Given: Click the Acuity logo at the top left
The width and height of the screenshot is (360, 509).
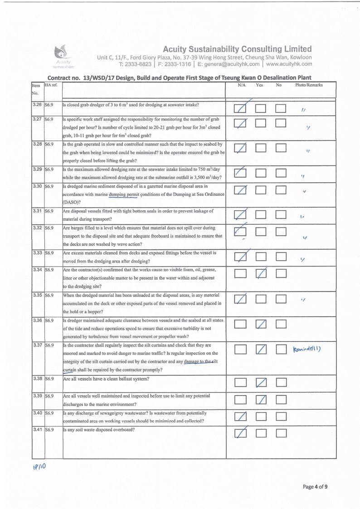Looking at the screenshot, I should point(61,53).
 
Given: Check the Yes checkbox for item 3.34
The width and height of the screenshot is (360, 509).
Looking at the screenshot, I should point(261,274).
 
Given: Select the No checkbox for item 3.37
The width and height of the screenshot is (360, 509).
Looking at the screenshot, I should point(281,349).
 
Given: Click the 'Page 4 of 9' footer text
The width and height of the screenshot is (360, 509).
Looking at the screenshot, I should point(316,487).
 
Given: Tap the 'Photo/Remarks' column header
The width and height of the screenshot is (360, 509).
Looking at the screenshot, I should point(309,85).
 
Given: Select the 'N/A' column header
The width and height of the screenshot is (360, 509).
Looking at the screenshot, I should point(241,85).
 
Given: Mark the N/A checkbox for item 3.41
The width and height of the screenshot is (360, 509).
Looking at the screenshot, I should point(240,434).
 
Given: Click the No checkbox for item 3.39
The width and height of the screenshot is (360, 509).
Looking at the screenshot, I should point(281,400).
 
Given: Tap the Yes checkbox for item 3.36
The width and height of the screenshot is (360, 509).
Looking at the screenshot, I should point(261,324).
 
